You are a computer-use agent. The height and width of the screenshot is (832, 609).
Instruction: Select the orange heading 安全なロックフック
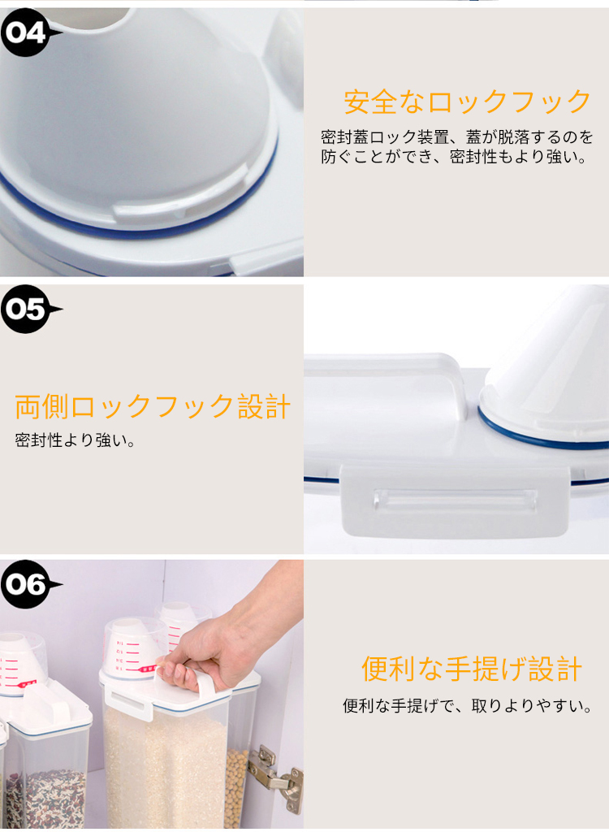467,102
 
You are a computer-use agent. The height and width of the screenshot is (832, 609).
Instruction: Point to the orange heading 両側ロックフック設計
153,407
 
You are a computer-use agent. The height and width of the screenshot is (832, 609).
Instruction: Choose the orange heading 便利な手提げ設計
472,669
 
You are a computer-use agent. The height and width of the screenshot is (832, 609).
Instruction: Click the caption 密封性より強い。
76,440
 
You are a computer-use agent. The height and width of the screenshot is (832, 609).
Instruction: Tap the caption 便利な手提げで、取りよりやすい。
468,706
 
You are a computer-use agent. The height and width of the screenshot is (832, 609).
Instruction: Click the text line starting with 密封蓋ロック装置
457,136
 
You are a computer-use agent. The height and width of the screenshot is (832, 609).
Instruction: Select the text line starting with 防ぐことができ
455,157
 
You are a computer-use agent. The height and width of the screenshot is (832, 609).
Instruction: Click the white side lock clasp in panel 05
456,500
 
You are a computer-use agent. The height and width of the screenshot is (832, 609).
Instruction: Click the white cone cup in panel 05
546,366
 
